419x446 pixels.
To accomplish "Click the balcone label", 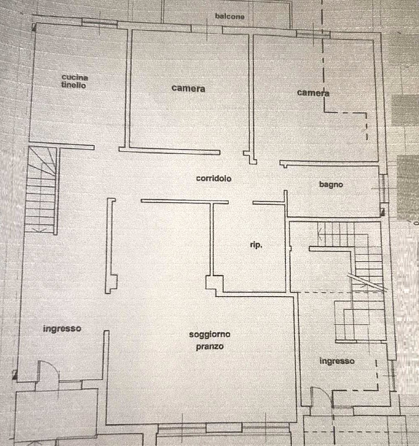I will (x=229, y=17).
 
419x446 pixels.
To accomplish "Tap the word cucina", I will (x=75, y=77).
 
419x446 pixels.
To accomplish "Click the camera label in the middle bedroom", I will (x=188, y=88).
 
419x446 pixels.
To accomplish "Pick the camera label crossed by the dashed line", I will (x=313, y=92).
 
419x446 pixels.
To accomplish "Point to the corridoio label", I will (x=213, y=179).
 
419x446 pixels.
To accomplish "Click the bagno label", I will (x=331, y=185).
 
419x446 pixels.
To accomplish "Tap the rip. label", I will (x=256, y=245).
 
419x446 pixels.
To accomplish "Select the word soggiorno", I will (x=210, y=335).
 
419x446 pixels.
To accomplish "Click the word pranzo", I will (x=210, y=347).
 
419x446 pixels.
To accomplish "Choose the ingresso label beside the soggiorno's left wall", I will (x=62, y=329).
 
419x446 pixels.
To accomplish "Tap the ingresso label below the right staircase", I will (x=337, y=361).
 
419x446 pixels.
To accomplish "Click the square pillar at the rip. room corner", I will (x=214, y=284).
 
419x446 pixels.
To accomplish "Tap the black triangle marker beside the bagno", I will (x=383, y=212).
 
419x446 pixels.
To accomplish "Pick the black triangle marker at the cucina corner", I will (x=34, y=28).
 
